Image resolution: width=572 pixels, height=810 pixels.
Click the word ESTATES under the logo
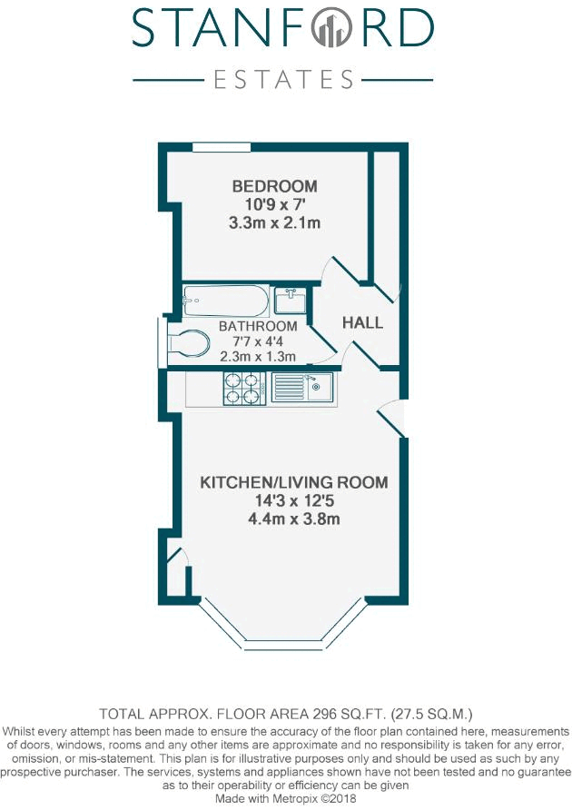point(282,80)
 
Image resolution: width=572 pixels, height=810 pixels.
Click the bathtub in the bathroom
point(225,299)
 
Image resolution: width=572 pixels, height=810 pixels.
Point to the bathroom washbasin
point(290,299)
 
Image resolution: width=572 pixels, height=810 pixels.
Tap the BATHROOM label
point(258,326)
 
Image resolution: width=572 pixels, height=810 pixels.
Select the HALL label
point(362,322)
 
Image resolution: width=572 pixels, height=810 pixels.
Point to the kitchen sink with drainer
point(303,389)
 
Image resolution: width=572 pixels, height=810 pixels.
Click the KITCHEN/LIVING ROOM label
point(294,482)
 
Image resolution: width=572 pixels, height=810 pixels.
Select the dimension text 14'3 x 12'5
point(294,500)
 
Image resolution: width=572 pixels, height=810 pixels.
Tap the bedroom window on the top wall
point(222,147)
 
